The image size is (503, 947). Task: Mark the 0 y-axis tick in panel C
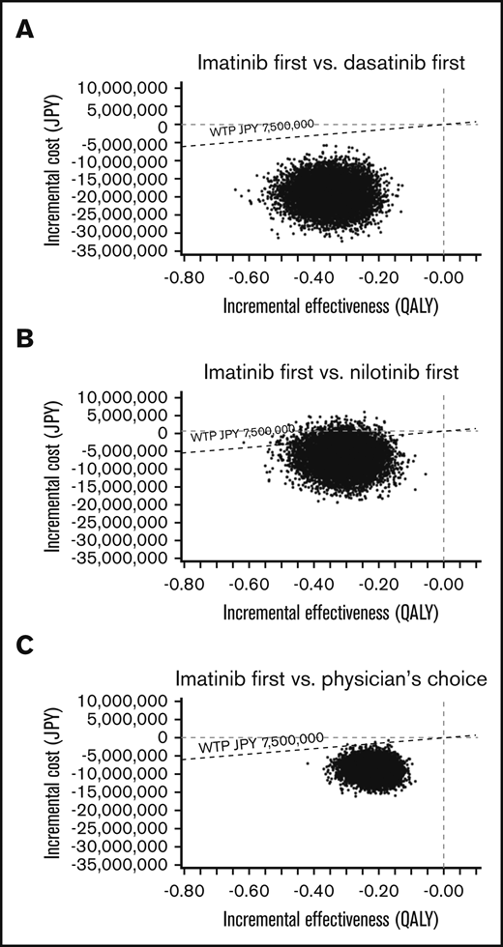164,736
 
